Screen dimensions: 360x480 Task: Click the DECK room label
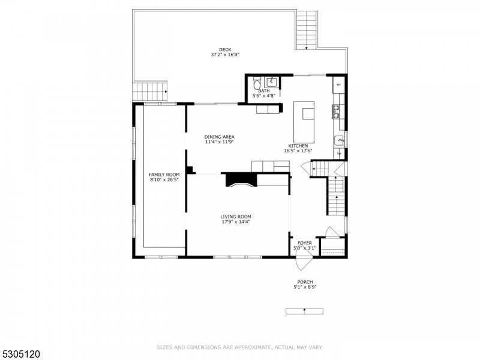click(225, 50)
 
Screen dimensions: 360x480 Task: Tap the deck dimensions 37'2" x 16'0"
click(225, 55)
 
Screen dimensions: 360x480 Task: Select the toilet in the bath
click(257, 83)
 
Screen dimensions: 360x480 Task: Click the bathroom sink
click(271, 82)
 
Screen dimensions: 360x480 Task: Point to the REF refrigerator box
click(338, 85)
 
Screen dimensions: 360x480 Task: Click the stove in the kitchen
click(337, 112)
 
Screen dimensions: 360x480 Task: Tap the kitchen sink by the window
click(338, 140)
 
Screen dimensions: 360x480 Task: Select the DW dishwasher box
click(338, 154)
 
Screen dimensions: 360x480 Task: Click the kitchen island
click(304, 119)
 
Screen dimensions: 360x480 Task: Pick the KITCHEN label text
click(298, 146)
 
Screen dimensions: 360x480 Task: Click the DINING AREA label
click(219, 137)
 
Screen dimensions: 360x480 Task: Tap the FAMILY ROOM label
click(164, 175)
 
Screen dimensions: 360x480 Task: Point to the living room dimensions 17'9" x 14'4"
click(235, 221)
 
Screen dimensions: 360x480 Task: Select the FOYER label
click(305, 243)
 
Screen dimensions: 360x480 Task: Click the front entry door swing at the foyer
click(304, 262)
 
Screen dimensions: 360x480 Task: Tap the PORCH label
click(305, 282)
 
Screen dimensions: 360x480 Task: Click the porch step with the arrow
click(304, 311)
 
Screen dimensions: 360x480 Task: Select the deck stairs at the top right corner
click(306, 30)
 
